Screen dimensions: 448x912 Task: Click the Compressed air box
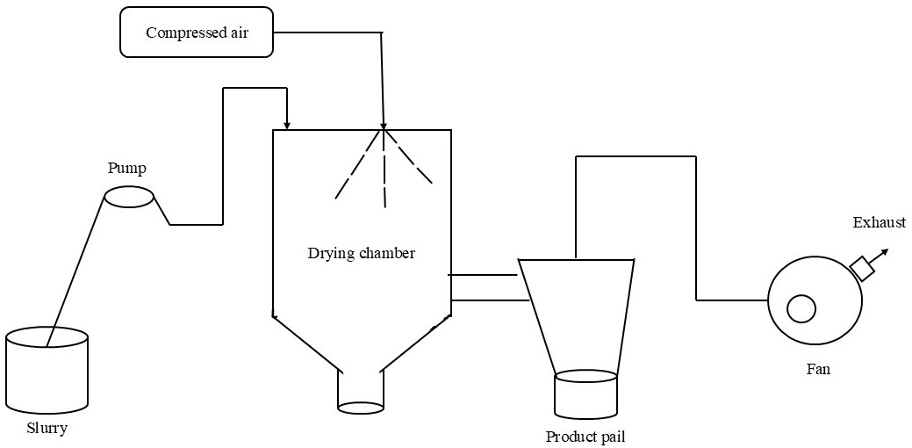tap(196, 33)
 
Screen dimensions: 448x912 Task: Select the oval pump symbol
tap(129, 198)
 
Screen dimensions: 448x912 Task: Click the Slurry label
tap(47, 429)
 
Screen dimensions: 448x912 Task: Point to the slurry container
tap(47, 369)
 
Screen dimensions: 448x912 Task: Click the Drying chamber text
tap(361, 254)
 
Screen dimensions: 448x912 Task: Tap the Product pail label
tap(585, 437)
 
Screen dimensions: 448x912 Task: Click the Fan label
tap(818, 369)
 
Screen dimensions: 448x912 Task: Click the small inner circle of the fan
tap(801, 309)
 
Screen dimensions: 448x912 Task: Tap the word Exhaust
tap(879, 223)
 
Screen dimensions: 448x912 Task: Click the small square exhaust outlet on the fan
tap(863, 269)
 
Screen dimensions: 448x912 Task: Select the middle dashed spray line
tap(384, 171)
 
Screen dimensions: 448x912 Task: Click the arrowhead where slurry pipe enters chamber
tap(287, 125)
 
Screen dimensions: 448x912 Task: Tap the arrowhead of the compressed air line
tap(384, 125)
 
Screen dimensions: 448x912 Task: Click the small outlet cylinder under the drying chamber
tap(361, 391)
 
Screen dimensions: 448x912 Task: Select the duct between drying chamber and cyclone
tap(488, 287)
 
